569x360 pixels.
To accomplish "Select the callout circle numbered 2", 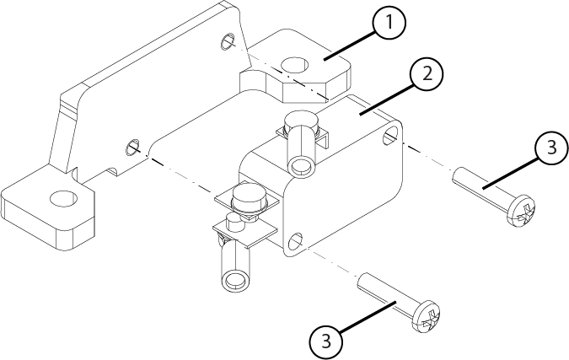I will click(x=427, y=73).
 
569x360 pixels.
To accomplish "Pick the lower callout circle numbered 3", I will click(x=327, y=341).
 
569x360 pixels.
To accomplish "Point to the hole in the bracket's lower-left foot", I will click(x=61, y=200).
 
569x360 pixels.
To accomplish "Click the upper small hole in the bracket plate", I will click(x=226, y=41).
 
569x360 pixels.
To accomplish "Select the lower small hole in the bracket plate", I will click(x=132, y=147).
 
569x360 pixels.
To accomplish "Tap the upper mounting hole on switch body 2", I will click(x=390, y=137).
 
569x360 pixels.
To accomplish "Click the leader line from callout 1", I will click(x=350, y=44).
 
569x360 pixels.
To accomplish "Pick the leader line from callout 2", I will click(x=388, y=95).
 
